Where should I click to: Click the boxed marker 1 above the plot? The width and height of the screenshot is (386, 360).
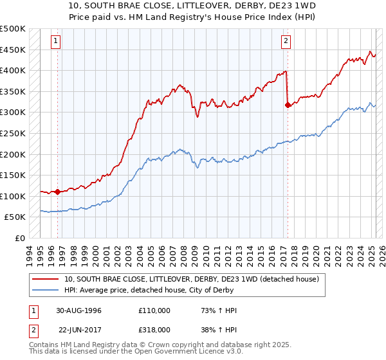tap(57, 41)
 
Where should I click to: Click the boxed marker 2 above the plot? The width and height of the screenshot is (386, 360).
tap(285, 41)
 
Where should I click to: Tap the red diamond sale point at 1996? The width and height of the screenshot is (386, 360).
tap(57, 192)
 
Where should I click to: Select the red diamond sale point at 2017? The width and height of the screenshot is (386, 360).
tap(288, 105)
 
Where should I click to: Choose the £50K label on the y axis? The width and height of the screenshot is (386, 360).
tap(15, 217)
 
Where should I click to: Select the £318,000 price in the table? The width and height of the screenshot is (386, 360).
tap(154, 329)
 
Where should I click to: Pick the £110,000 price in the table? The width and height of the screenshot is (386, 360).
tap(154, 310)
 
